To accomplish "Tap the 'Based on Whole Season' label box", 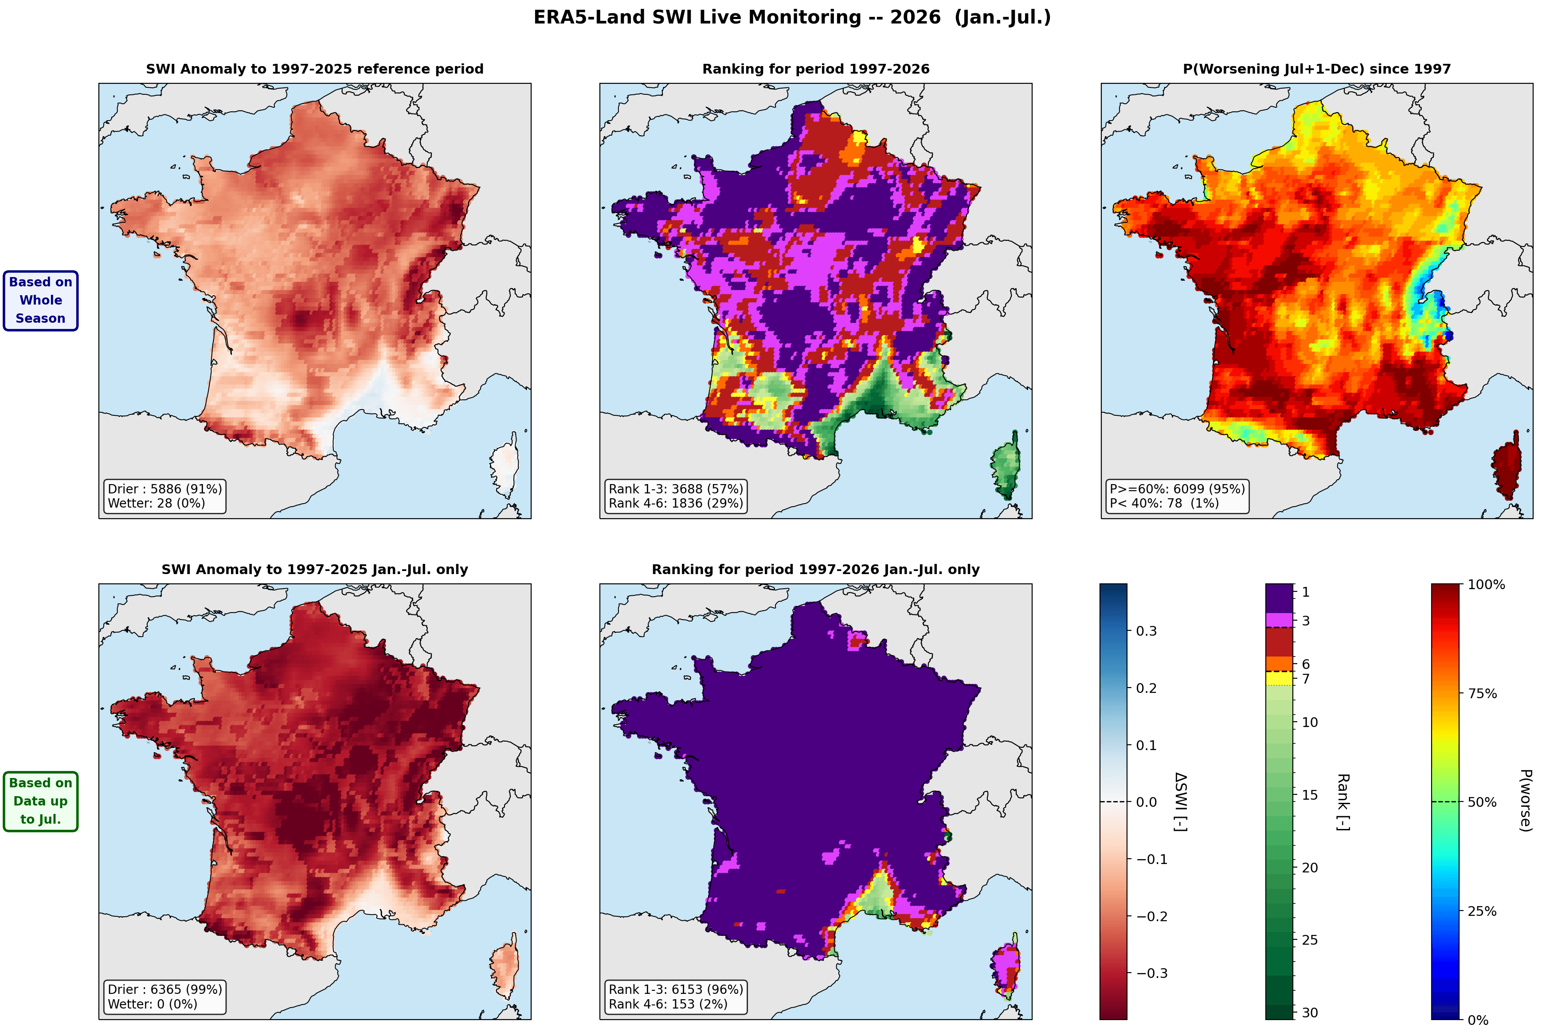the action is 40,301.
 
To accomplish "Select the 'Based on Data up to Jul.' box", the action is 40,801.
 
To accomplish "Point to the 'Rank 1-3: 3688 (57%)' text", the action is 676,489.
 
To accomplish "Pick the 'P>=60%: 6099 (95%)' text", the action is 1177,489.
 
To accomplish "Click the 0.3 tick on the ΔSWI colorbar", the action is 1146,631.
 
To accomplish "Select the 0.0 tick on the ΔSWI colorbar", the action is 1146,802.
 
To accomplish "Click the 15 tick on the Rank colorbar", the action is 1309,795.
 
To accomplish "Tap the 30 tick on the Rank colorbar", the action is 1309,1012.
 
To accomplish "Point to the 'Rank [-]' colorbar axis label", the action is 1342,802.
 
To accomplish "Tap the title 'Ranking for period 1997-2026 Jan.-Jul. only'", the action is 815,570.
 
